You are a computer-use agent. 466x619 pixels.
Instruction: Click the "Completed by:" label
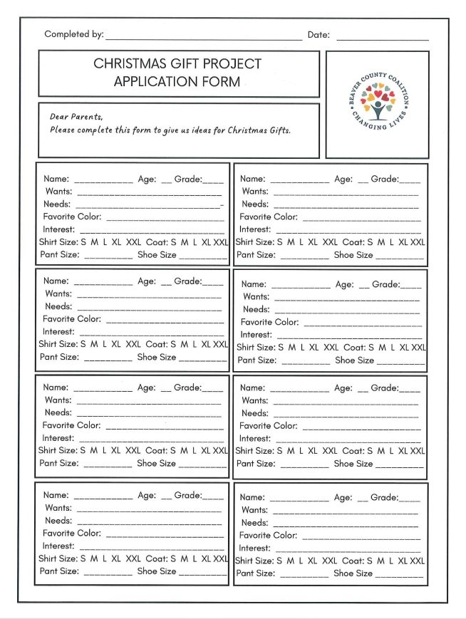(x=73, y=34)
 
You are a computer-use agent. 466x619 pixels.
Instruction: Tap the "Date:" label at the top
(x=319, y=34)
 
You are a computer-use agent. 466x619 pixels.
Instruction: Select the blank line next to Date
(x=382, y=38)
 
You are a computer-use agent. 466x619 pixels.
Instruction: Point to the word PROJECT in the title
(x=229, y=64)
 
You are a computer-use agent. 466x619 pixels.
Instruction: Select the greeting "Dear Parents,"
(x=76, y=117)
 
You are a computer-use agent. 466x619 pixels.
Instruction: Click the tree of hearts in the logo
(x=377, y=100)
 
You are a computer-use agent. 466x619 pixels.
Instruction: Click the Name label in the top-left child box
(x=56, y=179)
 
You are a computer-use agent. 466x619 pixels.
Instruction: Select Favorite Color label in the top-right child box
(x=269, y=217)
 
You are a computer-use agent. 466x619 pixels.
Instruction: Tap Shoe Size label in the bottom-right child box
(x=353, y=573)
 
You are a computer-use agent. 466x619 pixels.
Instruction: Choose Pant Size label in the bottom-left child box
(x=59, y=571)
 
